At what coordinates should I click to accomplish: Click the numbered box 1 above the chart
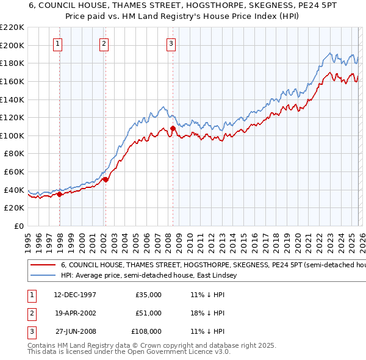(x=57, y=43)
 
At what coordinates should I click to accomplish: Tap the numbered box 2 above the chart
(x=104, y=43)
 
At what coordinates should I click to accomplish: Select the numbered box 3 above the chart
(x=171, y=43)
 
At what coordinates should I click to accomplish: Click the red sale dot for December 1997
(x=60, y=195)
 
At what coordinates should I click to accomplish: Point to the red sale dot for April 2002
(x=106, y=179)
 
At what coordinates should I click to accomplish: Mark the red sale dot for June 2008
(x=173, y=128)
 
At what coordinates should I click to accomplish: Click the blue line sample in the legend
(x=43, y=276)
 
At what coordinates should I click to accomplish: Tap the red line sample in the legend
(x=43, y=265)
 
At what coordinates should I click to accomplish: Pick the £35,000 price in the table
(x=148, y=295)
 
